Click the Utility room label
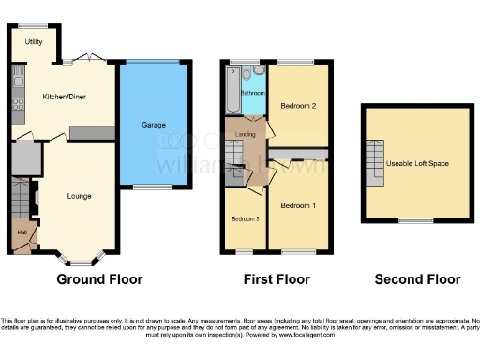click(x=34, y=42)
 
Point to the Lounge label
click(x=79, y=196)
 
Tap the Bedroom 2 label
click(x=297, y=106)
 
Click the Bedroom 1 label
click(x=297, y=205)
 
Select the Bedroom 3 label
click(x=245, y=219)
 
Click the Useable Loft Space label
click(x=417, y=164)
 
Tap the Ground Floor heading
click(x=100, y=279)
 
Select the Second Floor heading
click(x=417, y=279)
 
